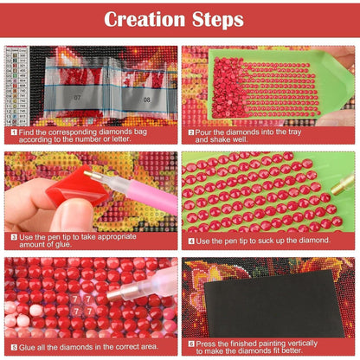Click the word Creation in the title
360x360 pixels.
pos(145,19)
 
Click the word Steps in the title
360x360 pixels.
pos(218,19)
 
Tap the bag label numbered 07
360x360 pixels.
pos(77,98)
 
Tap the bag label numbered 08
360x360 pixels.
pos(147,100)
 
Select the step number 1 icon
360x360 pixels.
pos(14,132)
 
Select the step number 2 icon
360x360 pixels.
pos(191,132)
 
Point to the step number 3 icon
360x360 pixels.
pos(14,237)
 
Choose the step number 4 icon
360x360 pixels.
pos(191,241)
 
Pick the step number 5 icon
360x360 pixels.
pos(14,347)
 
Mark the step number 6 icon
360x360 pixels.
pos(191,344)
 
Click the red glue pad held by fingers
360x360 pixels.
pos(77,187)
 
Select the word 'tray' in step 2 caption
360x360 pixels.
pos(294,132)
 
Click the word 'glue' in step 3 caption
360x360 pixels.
pos(63,244)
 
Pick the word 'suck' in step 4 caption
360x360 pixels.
pos(260,241)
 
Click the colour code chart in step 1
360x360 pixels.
pos(16,86)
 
